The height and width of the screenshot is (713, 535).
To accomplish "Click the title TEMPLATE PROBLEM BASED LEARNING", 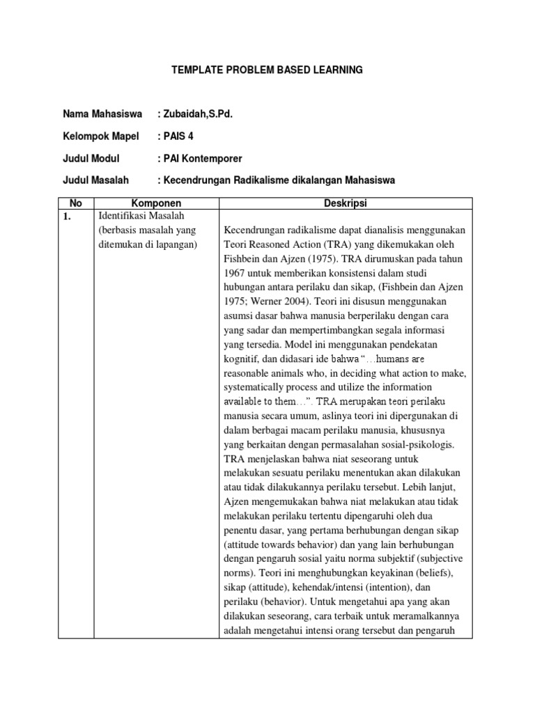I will (x=267, y=70).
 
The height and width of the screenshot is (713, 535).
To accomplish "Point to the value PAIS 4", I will (x=180, y=136).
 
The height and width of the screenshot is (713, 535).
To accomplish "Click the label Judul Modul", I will (x=91, y=158).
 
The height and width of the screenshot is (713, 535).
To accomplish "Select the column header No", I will (x=76, y=203).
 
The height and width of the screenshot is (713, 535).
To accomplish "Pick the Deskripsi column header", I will (x=346, y=203).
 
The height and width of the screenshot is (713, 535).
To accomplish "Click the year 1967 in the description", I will (x=237, y=272).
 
